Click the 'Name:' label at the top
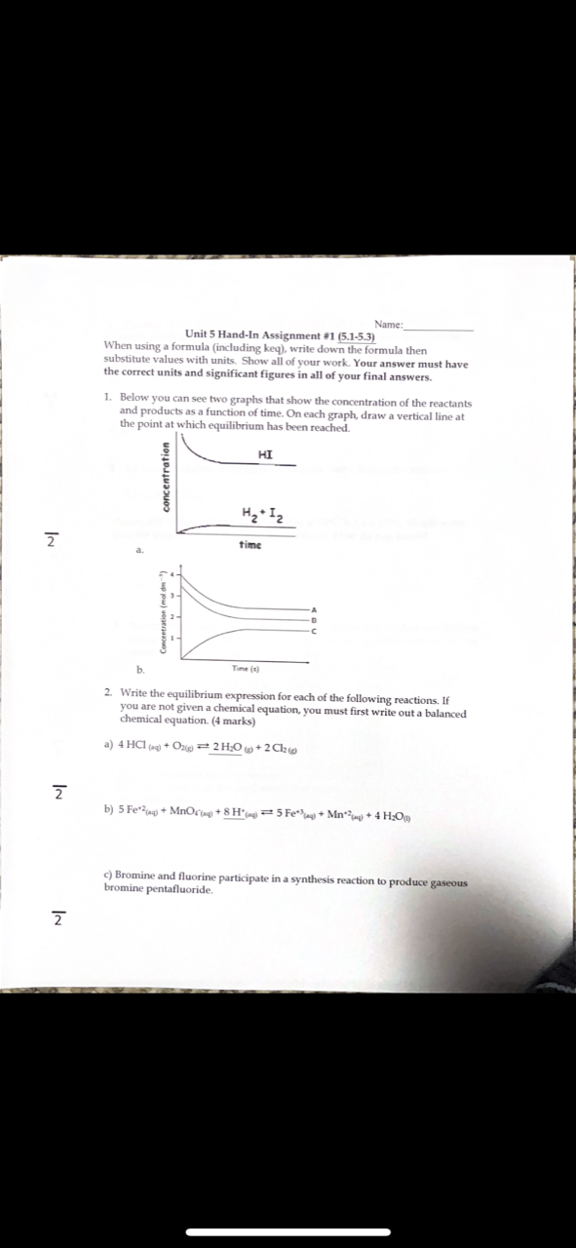(388, 325)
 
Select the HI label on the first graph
(266, 454)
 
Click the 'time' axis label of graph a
(250, 545)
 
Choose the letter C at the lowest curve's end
(314, 631)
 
